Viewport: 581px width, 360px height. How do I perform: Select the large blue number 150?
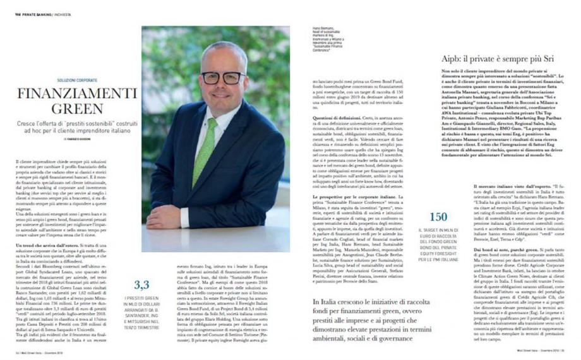438,217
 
